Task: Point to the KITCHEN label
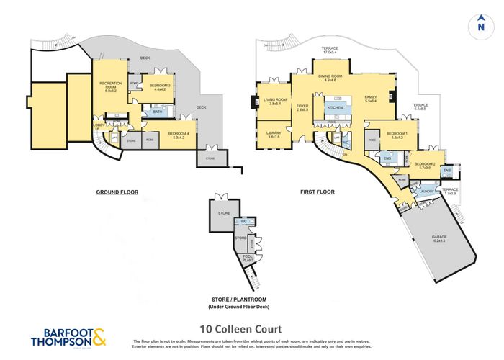pyautogui.click(x=336, y=108)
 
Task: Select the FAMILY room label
pyautogui.click(x=371, y=98)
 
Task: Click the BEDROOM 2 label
pyautogui.click(x=425, y=164)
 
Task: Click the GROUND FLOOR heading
pyautogui.click(x=117, y=192)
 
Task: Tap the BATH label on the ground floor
pyautogui.click(x=156, y=112)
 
